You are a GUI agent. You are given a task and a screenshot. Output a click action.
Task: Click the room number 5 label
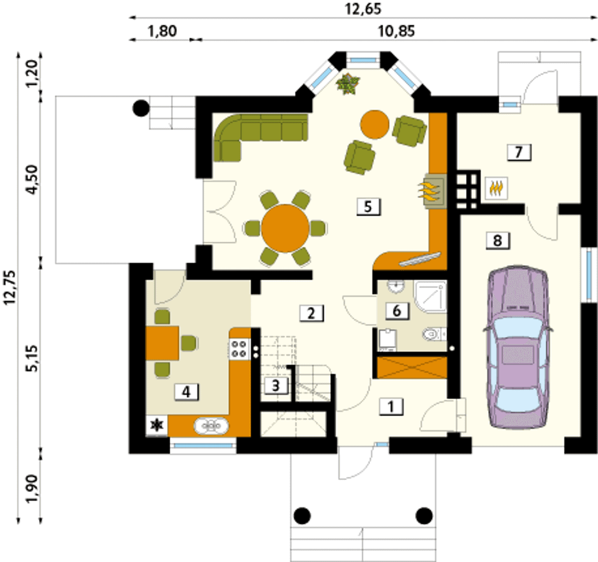369,207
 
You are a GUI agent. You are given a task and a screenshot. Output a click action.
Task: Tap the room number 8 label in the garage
498,240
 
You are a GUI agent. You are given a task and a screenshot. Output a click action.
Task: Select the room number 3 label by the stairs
276,386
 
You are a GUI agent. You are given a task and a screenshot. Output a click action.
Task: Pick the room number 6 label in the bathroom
397,310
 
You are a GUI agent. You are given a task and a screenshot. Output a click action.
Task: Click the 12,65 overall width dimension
363,9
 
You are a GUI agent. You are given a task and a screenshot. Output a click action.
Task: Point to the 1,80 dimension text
163,31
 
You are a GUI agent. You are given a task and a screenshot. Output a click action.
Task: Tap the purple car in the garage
518,347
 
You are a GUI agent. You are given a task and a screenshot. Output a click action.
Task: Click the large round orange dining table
285,228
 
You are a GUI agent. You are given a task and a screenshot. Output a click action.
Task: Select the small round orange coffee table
375,124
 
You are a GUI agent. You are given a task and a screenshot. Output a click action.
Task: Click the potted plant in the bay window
348,84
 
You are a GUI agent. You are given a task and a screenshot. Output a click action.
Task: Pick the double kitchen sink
211,425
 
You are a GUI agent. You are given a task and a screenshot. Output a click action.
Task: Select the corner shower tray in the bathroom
431,297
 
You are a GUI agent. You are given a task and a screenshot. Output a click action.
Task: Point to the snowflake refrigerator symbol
157,425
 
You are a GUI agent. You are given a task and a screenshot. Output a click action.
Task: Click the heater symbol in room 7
497,188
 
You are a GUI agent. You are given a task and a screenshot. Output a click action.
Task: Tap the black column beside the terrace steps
141,108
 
